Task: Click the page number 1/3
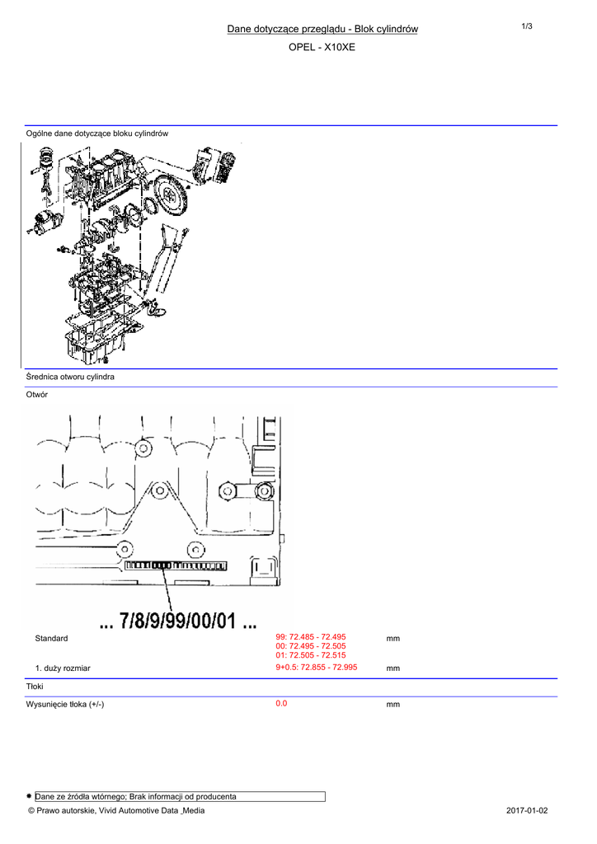coord(526,26)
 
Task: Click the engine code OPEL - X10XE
coord(322,47)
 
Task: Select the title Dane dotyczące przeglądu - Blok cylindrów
coord(322,29)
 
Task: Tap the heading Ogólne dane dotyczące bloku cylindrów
coord(97,134)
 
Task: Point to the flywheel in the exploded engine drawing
coord(170,195)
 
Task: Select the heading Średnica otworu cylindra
coord(70,377)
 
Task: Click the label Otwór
coord(36,395)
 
